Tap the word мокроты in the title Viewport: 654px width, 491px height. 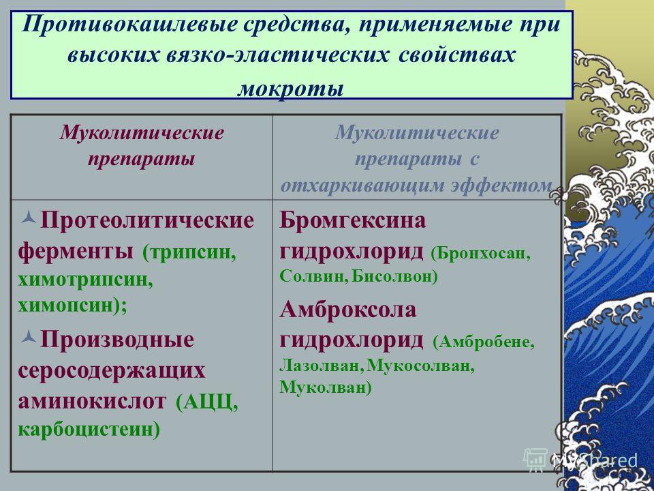[290, 89]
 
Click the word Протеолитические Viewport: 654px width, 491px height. [147, 220]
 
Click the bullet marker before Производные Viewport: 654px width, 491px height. [29, 336]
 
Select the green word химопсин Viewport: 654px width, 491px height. [65, 306]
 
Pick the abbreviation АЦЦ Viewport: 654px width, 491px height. [206, 403]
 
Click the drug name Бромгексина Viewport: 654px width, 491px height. [352, 220]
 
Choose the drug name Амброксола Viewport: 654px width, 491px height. [348, 310]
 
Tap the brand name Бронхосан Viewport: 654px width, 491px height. [481, 254]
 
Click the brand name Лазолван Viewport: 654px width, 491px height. [319, 366]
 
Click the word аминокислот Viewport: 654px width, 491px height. [91, 402]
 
